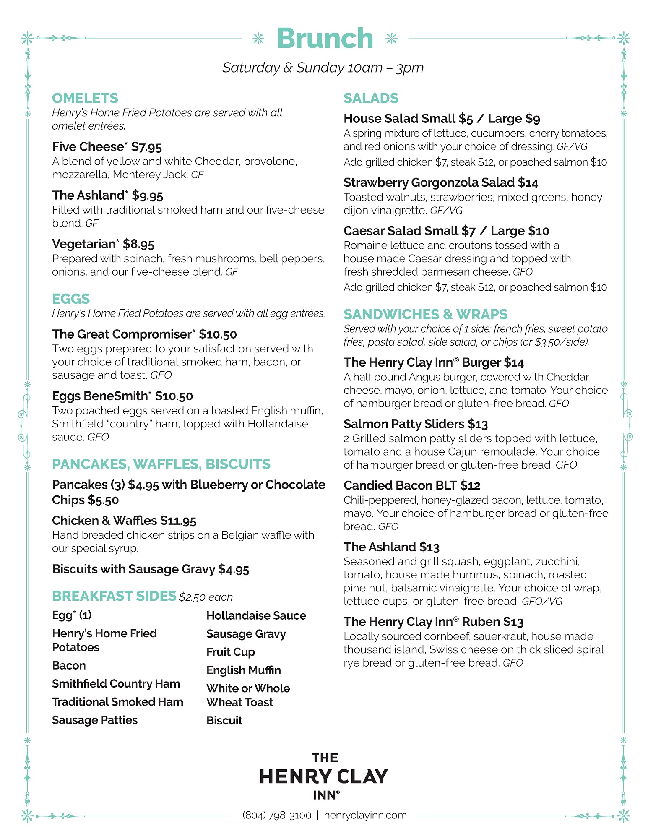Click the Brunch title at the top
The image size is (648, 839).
click(325, 39)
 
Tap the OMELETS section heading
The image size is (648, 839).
click(85, 98)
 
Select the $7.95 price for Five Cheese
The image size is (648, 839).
click(146, 147)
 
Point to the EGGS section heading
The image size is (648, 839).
click(71, 299)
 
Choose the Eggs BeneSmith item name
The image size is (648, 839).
click(100, 396)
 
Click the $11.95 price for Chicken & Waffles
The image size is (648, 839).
click(178, 521)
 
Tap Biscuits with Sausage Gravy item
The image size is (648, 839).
click(150, 569)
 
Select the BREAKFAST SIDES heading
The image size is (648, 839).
click(114, 596)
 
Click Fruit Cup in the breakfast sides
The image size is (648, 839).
click(231, 652)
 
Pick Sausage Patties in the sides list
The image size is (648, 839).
click(95, 720)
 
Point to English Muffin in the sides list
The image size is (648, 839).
click(244, 670)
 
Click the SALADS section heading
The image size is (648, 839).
click(371, 98)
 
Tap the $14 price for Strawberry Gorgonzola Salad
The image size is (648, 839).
click(528, 183)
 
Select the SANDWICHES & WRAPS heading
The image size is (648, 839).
click(425, 314)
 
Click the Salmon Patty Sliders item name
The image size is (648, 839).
click(404, 424)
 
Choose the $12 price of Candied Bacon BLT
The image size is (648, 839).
click(470, 486)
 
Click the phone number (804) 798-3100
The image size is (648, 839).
click(277, 815)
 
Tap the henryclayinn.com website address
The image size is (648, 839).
click(365, 815)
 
